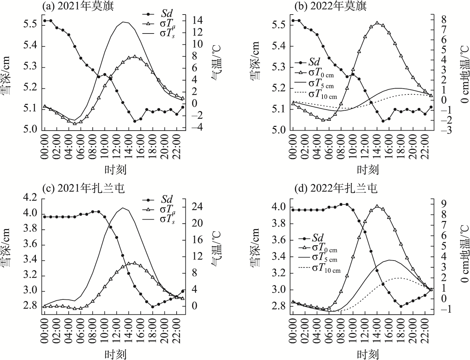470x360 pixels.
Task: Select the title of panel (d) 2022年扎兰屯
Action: coord(331,188)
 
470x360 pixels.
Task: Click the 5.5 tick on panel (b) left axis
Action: coord(279,25)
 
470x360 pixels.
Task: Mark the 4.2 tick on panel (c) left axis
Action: coord(31,198)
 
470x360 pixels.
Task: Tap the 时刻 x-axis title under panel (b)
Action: coord(367,169)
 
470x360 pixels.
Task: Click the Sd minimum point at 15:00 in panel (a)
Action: coord(135,121)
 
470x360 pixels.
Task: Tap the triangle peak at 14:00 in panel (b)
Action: coord(377,23)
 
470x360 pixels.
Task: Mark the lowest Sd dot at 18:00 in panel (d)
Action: coord(401,307)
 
